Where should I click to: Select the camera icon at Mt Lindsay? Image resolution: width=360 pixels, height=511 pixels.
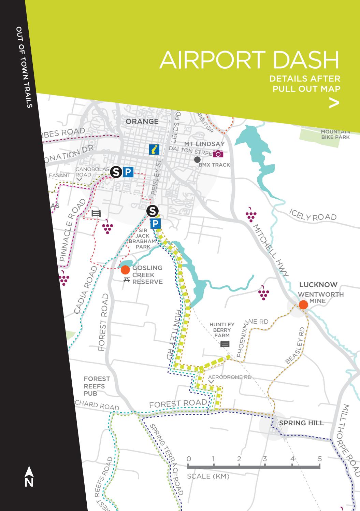[218, 154]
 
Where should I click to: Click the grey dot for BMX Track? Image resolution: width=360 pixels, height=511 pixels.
[197, 159]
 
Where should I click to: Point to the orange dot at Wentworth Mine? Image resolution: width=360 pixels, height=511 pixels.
[303, 304]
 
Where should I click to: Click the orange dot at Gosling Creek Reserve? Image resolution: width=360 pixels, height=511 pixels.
[125, 270]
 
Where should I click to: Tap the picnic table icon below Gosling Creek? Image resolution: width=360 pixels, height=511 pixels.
[127, 280]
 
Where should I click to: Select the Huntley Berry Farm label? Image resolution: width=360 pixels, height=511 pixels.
[222, 330]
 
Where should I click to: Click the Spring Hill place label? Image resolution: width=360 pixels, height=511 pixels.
[301, 423]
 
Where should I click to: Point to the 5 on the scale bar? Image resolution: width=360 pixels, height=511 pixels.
[320, 459]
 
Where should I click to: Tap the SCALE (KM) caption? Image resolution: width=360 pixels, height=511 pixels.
[208, 476]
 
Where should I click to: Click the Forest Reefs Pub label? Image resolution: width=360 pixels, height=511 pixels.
[97, 386]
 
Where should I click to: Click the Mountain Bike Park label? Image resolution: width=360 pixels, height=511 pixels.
[335, 134]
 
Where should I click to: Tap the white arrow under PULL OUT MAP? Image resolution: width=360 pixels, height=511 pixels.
[334, 103]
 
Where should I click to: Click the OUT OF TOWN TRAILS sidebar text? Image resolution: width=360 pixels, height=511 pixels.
[24, 67]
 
